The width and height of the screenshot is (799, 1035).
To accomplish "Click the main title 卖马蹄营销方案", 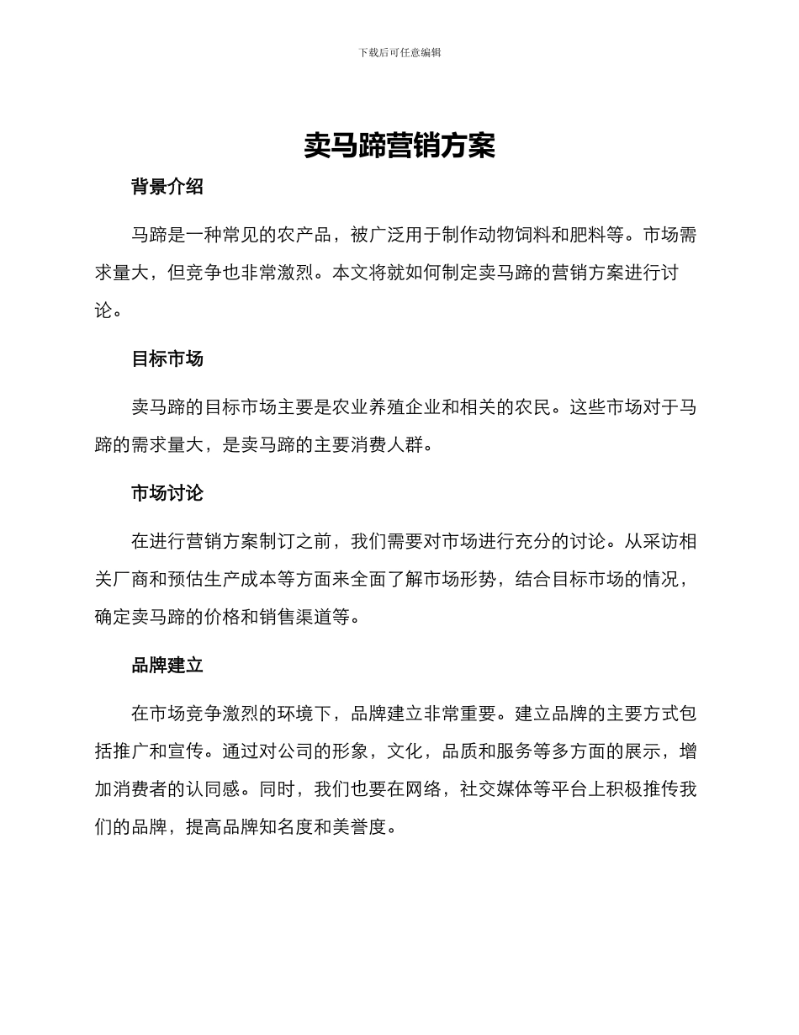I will click(399, 146).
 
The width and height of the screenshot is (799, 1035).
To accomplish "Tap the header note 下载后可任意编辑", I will click(399, 52).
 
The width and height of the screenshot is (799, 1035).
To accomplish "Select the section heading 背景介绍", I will click(167, 187).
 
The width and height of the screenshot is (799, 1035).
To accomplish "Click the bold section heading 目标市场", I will click(167, 358).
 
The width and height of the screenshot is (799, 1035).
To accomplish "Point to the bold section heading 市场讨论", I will click(167, 492).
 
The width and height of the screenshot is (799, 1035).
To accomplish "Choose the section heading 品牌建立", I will click(167, 665).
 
